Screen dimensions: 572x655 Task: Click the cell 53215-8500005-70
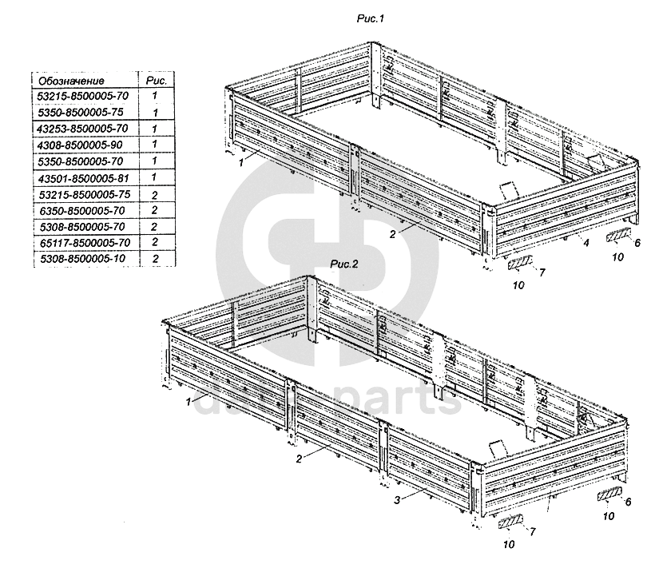[83, 96]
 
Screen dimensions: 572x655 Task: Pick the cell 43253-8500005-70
[83, 129]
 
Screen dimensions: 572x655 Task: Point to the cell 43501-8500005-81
[83, 177]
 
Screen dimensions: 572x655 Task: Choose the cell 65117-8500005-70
[83, 243]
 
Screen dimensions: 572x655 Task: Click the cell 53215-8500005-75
[83, 194]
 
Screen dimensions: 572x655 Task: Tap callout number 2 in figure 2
[298, 459]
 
